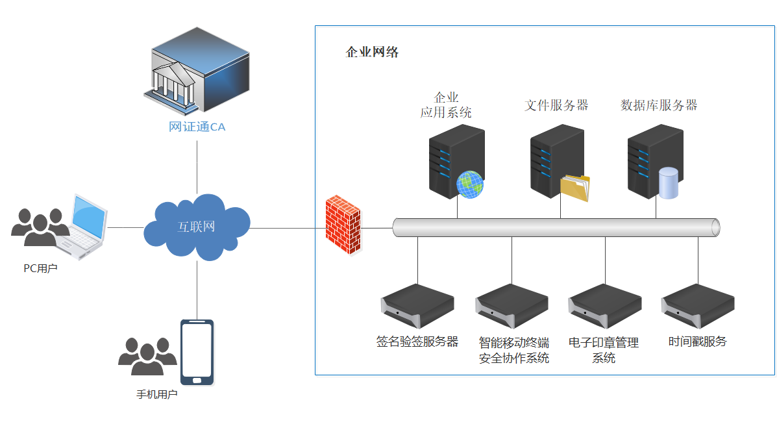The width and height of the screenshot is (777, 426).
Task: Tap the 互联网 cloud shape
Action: [197, 227]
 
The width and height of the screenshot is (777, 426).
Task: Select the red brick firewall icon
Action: [342, 225]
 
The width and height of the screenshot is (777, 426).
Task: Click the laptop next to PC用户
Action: [83, 227]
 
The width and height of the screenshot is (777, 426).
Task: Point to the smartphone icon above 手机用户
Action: [197, 351]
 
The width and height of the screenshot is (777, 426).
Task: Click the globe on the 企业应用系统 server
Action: [470, 184]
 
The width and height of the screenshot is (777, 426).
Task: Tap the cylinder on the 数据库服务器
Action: [668, 182]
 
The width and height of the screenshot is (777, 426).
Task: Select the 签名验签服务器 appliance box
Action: [417, 306]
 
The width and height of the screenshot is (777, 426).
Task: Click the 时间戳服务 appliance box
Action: [698, 306]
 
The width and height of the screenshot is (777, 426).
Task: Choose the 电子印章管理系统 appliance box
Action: [605, 306]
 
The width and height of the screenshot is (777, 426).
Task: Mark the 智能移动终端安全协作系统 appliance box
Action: [512, 306]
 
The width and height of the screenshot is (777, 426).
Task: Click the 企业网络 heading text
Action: [372, 53]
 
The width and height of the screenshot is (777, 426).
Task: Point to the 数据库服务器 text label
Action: [659, 105]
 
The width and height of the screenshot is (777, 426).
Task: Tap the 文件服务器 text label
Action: [556, 105]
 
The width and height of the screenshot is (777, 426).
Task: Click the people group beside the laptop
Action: [39, 227]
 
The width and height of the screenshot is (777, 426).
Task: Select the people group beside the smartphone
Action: [147, 357]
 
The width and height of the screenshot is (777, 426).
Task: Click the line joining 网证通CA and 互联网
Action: [197, 166]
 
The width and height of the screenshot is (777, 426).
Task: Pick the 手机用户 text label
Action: [156, 394]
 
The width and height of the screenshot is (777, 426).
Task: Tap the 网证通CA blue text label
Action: [197, 127]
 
